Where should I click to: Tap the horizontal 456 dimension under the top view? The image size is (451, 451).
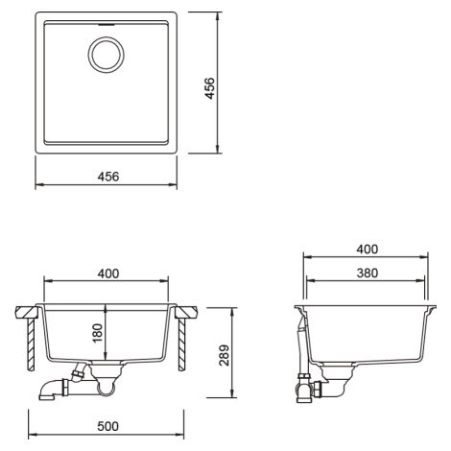tap(108, 177)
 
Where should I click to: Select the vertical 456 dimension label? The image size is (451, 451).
tap(210, 88)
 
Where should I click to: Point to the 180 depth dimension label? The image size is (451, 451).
tap(97, 333)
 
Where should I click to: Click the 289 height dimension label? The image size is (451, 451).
tap(225, 355)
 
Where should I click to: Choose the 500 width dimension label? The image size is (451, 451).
tap(107, 426)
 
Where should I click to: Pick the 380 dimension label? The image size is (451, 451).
tap(368, 273)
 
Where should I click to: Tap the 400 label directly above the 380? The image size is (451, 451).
tap(368, 249)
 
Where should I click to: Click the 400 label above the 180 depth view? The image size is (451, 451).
tap(108, 273)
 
